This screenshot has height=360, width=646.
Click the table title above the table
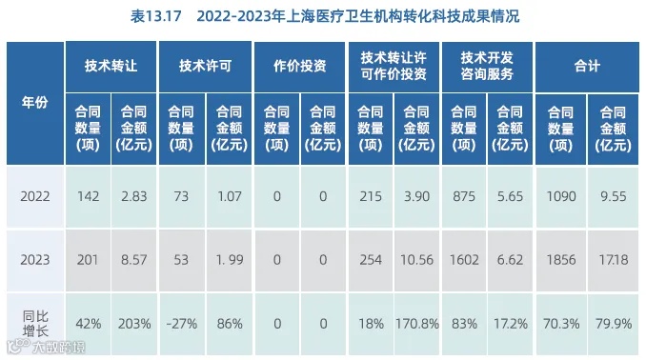click(x=323, y=16)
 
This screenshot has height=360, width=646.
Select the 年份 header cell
click(x=35, y=102)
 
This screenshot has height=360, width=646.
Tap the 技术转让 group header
click(x=111, y=66)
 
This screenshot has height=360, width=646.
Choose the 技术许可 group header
click(x=205, y=66)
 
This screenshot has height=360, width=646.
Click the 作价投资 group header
click(x=299, y=66)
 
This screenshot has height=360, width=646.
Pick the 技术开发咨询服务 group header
click(x=487, y=66)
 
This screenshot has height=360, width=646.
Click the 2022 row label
click(x=35, y=194)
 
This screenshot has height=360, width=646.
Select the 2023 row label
click(x=35, y=257)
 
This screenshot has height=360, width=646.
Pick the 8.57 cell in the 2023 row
click(x=134, y=257)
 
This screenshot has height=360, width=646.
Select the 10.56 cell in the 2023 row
click(x=416, y=257)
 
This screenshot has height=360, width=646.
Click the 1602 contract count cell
click(x=463, y=257)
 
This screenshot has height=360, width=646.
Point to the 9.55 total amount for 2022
click(x=611, y=194)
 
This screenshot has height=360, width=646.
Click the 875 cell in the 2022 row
click(x=463, y=194)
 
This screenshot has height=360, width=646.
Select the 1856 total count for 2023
click(x=559, y=257)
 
